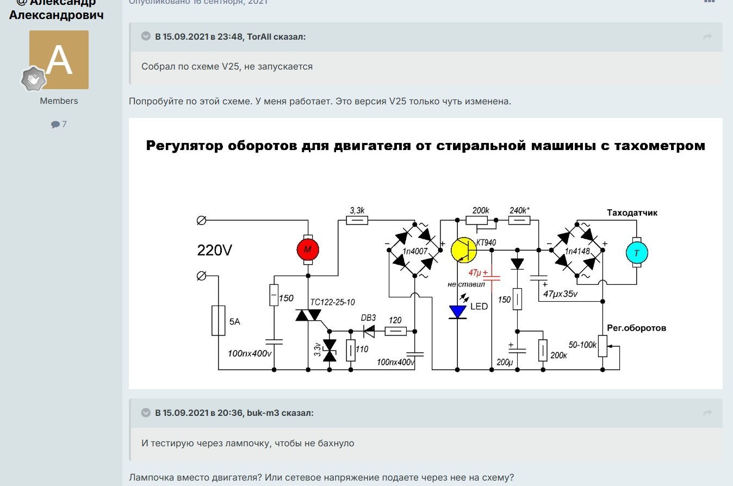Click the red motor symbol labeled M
[308, 250]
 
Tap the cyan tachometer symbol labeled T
[636, 253]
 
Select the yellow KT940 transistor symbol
[464, 250]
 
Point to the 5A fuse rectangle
[218, 321]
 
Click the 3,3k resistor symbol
[357, 220]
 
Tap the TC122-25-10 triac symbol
[308, 314]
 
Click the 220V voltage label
[214, 251]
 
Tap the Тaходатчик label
[632, 213]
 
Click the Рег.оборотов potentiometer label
[636, 328]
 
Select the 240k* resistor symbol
[519, 220]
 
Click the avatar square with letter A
[59, 60]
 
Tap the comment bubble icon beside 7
[55, 124]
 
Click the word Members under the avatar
[59, 101]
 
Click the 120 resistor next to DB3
[395, 331]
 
